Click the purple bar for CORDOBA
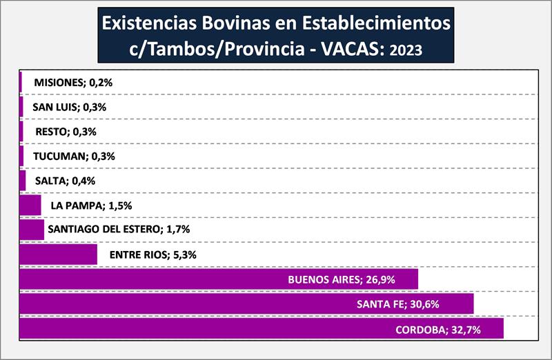pos(207,329)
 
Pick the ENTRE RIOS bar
pos(58,254)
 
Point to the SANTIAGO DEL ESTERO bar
pos(32,230)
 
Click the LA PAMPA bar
pos(30,206)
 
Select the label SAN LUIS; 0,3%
pos(70,107)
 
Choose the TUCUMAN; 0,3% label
pos(74,157)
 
